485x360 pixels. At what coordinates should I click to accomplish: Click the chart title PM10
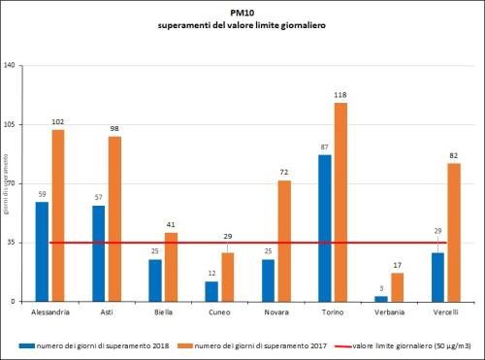tap(241, 14)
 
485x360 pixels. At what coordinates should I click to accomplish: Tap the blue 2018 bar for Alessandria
tap(42, 251)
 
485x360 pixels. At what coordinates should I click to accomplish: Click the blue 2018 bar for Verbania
tap(381, 298)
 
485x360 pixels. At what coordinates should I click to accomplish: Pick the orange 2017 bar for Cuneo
tap(227, 277)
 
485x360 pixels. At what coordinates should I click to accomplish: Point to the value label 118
tap(340, 95)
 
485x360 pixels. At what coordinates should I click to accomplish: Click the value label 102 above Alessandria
tap(57, 122)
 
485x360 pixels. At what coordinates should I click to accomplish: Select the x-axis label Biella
tap(162, 311)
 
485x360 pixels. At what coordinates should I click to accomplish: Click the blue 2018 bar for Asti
tap(99, 253)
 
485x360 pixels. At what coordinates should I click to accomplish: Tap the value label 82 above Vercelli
tap(453, 155)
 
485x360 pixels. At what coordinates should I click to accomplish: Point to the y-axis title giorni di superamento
tap(6, 184)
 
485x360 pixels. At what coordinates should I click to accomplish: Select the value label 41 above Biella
tap(171, 225)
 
